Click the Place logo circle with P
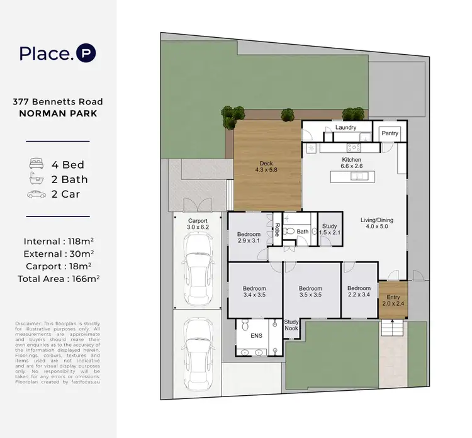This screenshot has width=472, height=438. [x=86, y=53]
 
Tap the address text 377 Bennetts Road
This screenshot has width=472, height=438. [x=57, y=101]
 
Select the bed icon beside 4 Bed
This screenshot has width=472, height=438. [x=35, y=164]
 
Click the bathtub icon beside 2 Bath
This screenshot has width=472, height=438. [x=35, y=179]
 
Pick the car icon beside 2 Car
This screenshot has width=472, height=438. [x=35, y=194]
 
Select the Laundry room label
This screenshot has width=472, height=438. [x=346, y=128]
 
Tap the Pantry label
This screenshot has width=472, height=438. [x=390, y=133]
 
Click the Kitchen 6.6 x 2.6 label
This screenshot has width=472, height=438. [x=352, y=164]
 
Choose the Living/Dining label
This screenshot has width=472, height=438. [x=376, y=224]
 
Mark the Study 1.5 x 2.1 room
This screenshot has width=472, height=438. [x=329, y=230]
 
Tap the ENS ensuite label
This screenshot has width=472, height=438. [x=256, y=336]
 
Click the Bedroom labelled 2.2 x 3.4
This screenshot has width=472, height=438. [x=359, y=292]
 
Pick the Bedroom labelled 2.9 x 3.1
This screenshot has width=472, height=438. [x=249, y=237]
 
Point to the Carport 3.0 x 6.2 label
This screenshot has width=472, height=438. [x=198, y=223]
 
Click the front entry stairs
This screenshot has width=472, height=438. [x=391, y=328]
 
